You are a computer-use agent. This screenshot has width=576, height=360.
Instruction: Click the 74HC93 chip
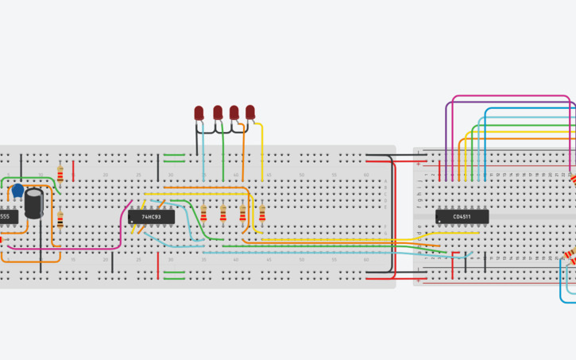151,216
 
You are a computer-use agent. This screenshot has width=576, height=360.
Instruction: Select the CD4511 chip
462,216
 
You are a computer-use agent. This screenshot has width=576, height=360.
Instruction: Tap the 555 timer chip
6,216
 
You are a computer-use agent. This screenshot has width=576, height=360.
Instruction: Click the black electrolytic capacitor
34,203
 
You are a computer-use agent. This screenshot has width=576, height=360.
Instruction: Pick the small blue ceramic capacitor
17,191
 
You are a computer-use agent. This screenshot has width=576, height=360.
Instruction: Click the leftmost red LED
199,114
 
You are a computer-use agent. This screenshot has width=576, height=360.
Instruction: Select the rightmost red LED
250,112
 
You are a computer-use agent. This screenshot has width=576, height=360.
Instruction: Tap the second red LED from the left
218,114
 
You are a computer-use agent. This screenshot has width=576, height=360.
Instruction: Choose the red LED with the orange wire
234,113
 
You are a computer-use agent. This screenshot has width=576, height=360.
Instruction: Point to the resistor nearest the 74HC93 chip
203,213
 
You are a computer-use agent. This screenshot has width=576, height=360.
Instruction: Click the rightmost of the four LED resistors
262,213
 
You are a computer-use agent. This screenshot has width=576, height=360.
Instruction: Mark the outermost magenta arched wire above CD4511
508,96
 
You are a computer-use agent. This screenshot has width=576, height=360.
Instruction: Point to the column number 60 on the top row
366,174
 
